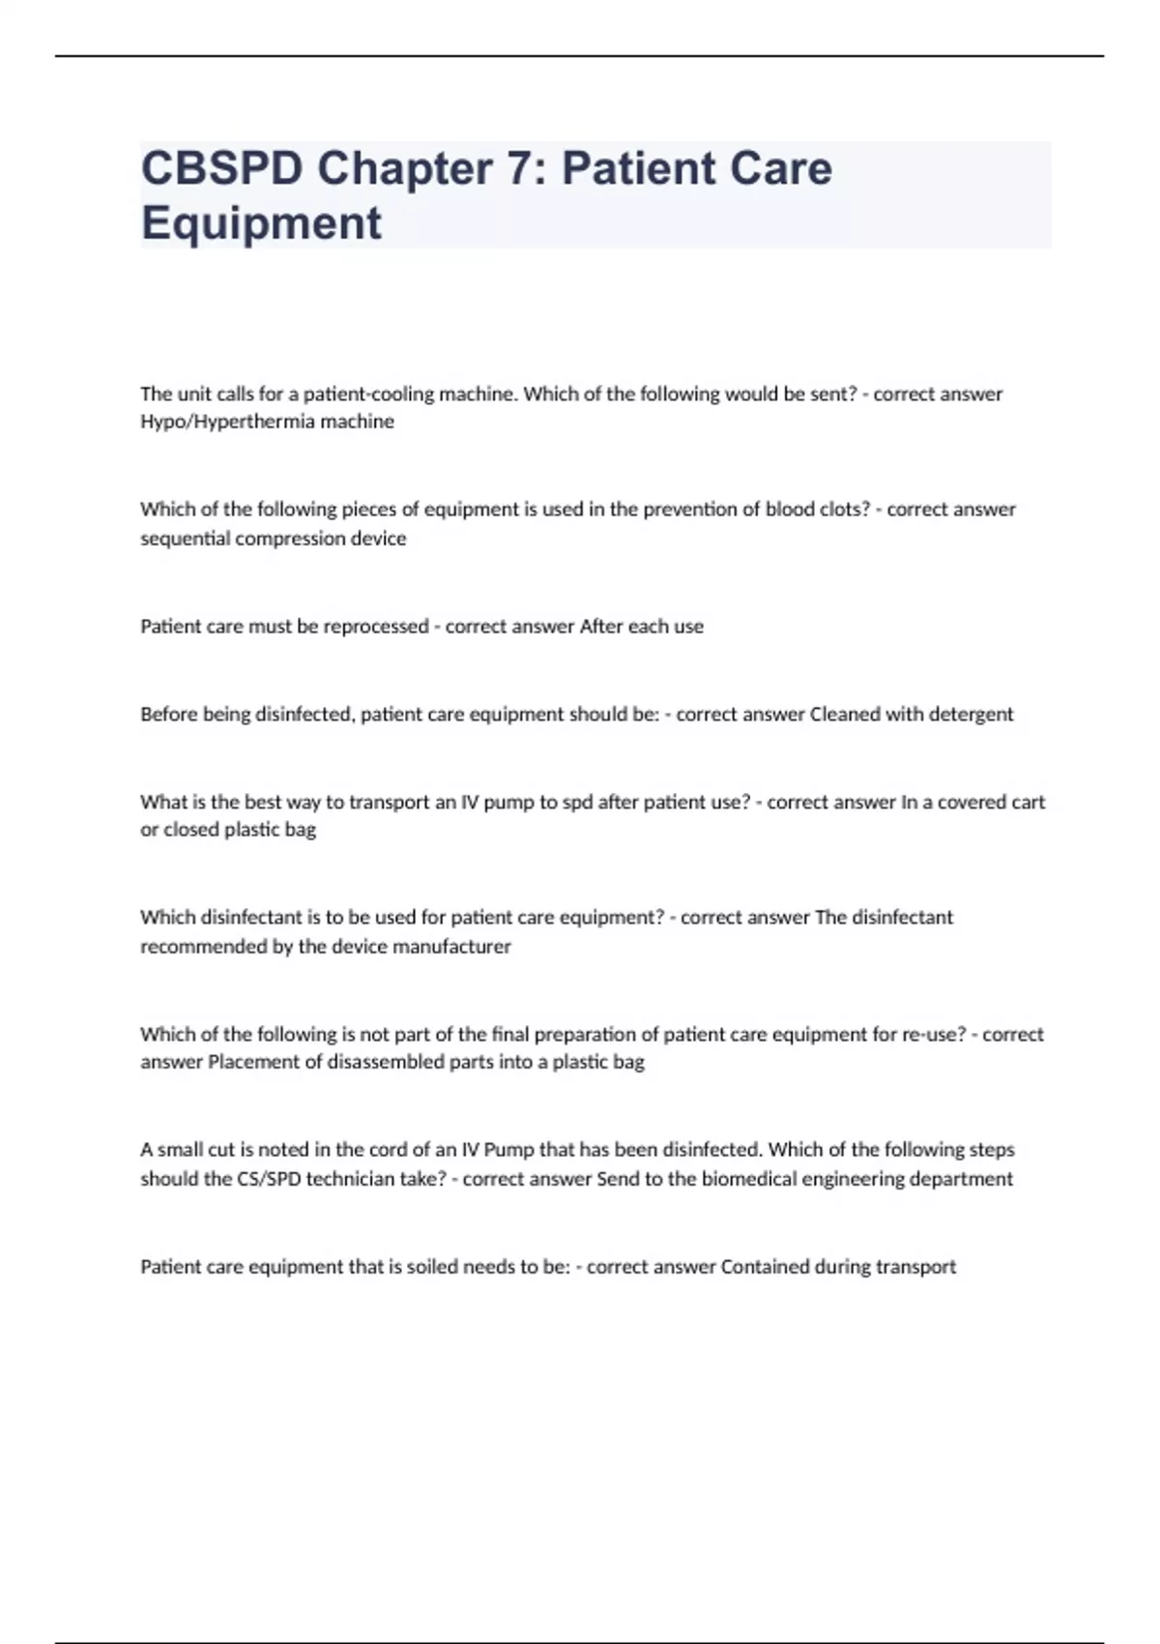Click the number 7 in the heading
(x=519, y=168)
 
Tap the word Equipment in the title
(x=261, y=222)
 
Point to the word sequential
(x=185, y=539)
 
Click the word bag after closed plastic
(x=300, y=830)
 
